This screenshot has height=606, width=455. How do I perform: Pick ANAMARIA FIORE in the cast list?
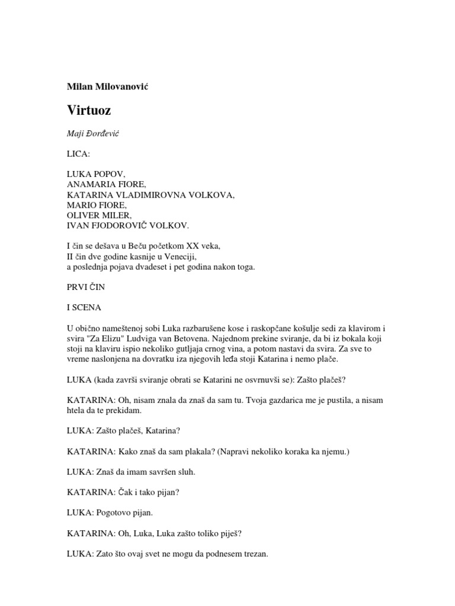point(104,185)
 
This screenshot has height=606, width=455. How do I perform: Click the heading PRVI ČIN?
point(89,286)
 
